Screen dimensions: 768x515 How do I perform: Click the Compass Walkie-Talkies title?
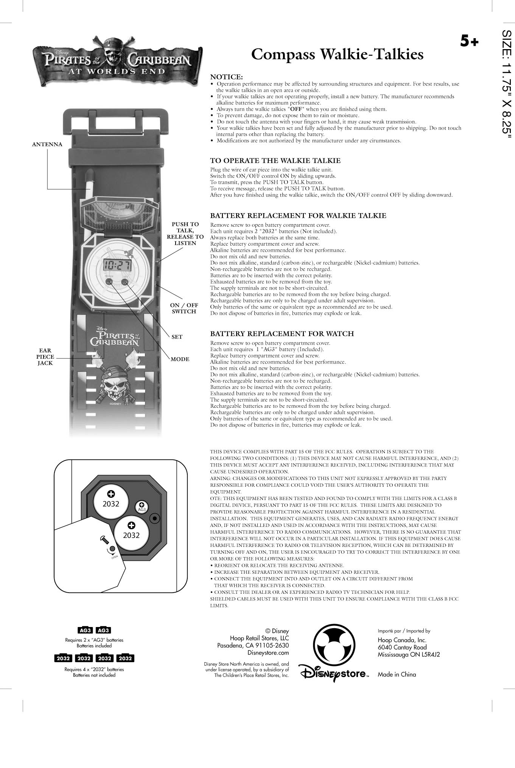pyautogui.click(x=337, y=54)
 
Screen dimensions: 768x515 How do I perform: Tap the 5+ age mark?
pyautogui.click(x=469, y=41)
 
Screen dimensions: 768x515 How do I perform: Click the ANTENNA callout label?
pyautogui.click(x=47, y=144)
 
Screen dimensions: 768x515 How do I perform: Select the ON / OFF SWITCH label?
pyautogui.click(x=184, y=308)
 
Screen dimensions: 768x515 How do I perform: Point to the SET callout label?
pyautogui.click(x=177, y=337)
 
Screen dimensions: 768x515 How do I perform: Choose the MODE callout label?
pyautogui.click(x=180, y=359)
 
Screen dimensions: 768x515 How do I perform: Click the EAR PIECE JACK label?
pyautogui.click(x=45, y=357)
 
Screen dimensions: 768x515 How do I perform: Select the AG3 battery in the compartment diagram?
pyautogui.click(x=142, y=506)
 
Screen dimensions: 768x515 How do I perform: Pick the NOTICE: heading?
pyautogui.click(x=226, y=77)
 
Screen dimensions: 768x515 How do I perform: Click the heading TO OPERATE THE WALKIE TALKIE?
pyautogui.click(x=275, y=161)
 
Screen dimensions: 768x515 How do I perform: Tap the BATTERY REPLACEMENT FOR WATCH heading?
pyautogui.click(x=282, y=334)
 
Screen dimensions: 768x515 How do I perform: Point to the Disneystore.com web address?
pyautogui.click(x=268, y=652)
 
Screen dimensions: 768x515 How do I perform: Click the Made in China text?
pyautogui.click(x=397, y=674)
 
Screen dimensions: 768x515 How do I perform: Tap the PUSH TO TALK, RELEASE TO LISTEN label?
pyautogui.click(x=185, y=234)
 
